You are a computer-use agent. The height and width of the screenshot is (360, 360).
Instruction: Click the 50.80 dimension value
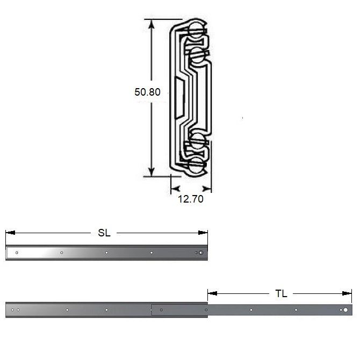(x=147, y=92)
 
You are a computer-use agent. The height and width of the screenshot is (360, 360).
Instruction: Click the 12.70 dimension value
(x=191, y=199)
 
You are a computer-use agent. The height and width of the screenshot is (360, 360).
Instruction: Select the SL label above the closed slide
(x=104, y=233)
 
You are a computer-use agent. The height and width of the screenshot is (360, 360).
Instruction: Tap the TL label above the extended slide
(x=281, y=293)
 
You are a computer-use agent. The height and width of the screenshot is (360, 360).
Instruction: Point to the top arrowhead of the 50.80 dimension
(x=151, y=24)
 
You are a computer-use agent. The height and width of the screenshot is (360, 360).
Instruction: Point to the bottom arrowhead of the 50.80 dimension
(x=151, y=172)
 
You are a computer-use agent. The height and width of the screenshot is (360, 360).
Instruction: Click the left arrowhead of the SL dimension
(x=10, y=233)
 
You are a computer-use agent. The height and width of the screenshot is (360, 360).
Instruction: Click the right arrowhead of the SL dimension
(x=203, y=233)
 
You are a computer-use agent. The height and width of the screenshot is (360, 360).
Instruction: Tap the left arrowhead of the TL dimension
(x=212, y=293)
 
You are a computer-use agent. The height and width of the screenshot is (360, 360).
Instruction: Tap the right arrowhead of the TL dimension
(x=347, y=293)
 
